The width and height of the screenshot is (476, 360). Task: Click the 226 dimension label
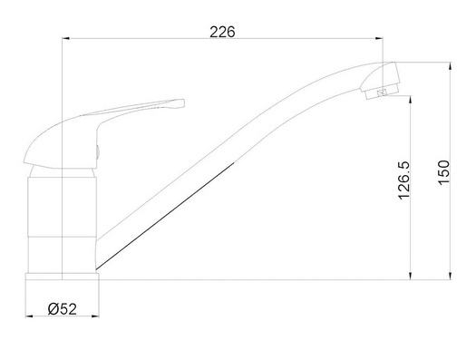(x=222, y=32)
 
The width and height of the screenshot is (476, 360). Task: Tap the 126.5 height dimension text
(x=404, y=180)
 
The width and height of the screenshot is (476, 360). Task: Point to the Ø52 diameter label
(x=63, y=309)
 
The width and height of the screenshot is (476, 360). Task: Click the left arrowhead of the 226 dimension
(x=66, y=38)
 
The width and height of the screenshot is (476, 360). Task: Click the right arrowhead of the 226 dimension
(x=379, y=38)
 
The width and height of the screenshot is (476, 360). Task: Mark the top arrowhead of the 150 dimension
(x=451, y=66)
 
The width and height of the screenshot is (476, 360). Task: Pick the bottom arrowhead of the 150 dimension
(x=451, y=276)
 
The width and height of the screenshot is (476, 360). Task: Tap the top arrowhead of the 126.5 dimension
(x=411, y=100)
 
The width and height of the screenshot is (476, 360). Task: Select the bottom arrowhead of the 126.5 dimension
(x=411, y=276)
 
